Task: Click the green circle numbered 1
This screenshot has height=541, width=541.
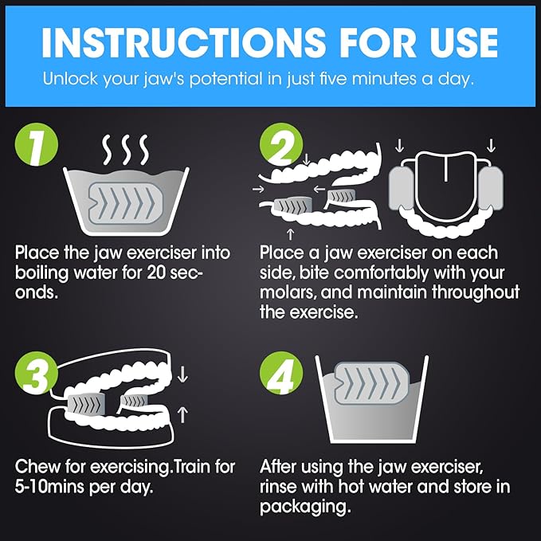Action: pos(37,144)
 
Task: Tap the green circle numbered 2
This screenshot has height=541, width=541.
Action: pos(281,144)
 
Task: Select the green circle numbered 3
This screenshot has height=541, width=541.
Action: pos(37,374)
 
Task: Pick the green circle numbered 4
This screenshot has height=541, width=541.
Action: pos(281,374)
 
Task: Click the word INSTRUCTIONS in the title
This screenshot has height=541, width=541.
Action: pos(183,43)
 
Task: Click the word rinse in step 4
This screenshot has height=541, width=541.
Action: pos(278,487)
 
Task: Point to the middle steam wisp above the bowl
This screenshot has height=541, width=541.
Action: pos(127,150)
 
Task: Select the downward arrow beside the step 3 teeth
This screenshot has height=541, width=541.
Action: pos(182,374)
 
